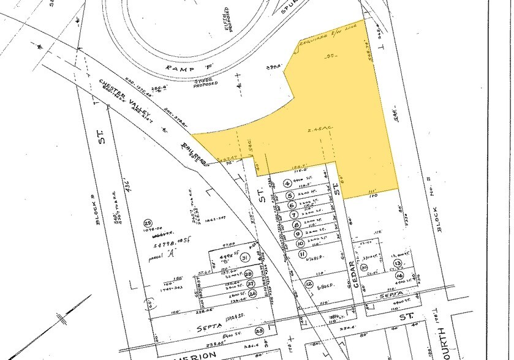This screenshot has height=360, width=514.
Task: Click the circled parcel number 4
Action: click(x=287, y=183)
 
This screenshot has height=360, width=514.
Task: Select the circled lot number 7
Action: click(x=294, y=215)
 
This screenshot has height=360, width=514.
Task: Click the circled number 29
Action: click(x=147, y=222)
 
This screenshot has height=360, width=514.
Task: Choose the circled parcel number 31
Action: click(x=245, y=258)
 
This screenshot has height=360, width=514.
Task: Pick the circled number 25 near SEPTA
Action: click(x=259, y=331)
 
